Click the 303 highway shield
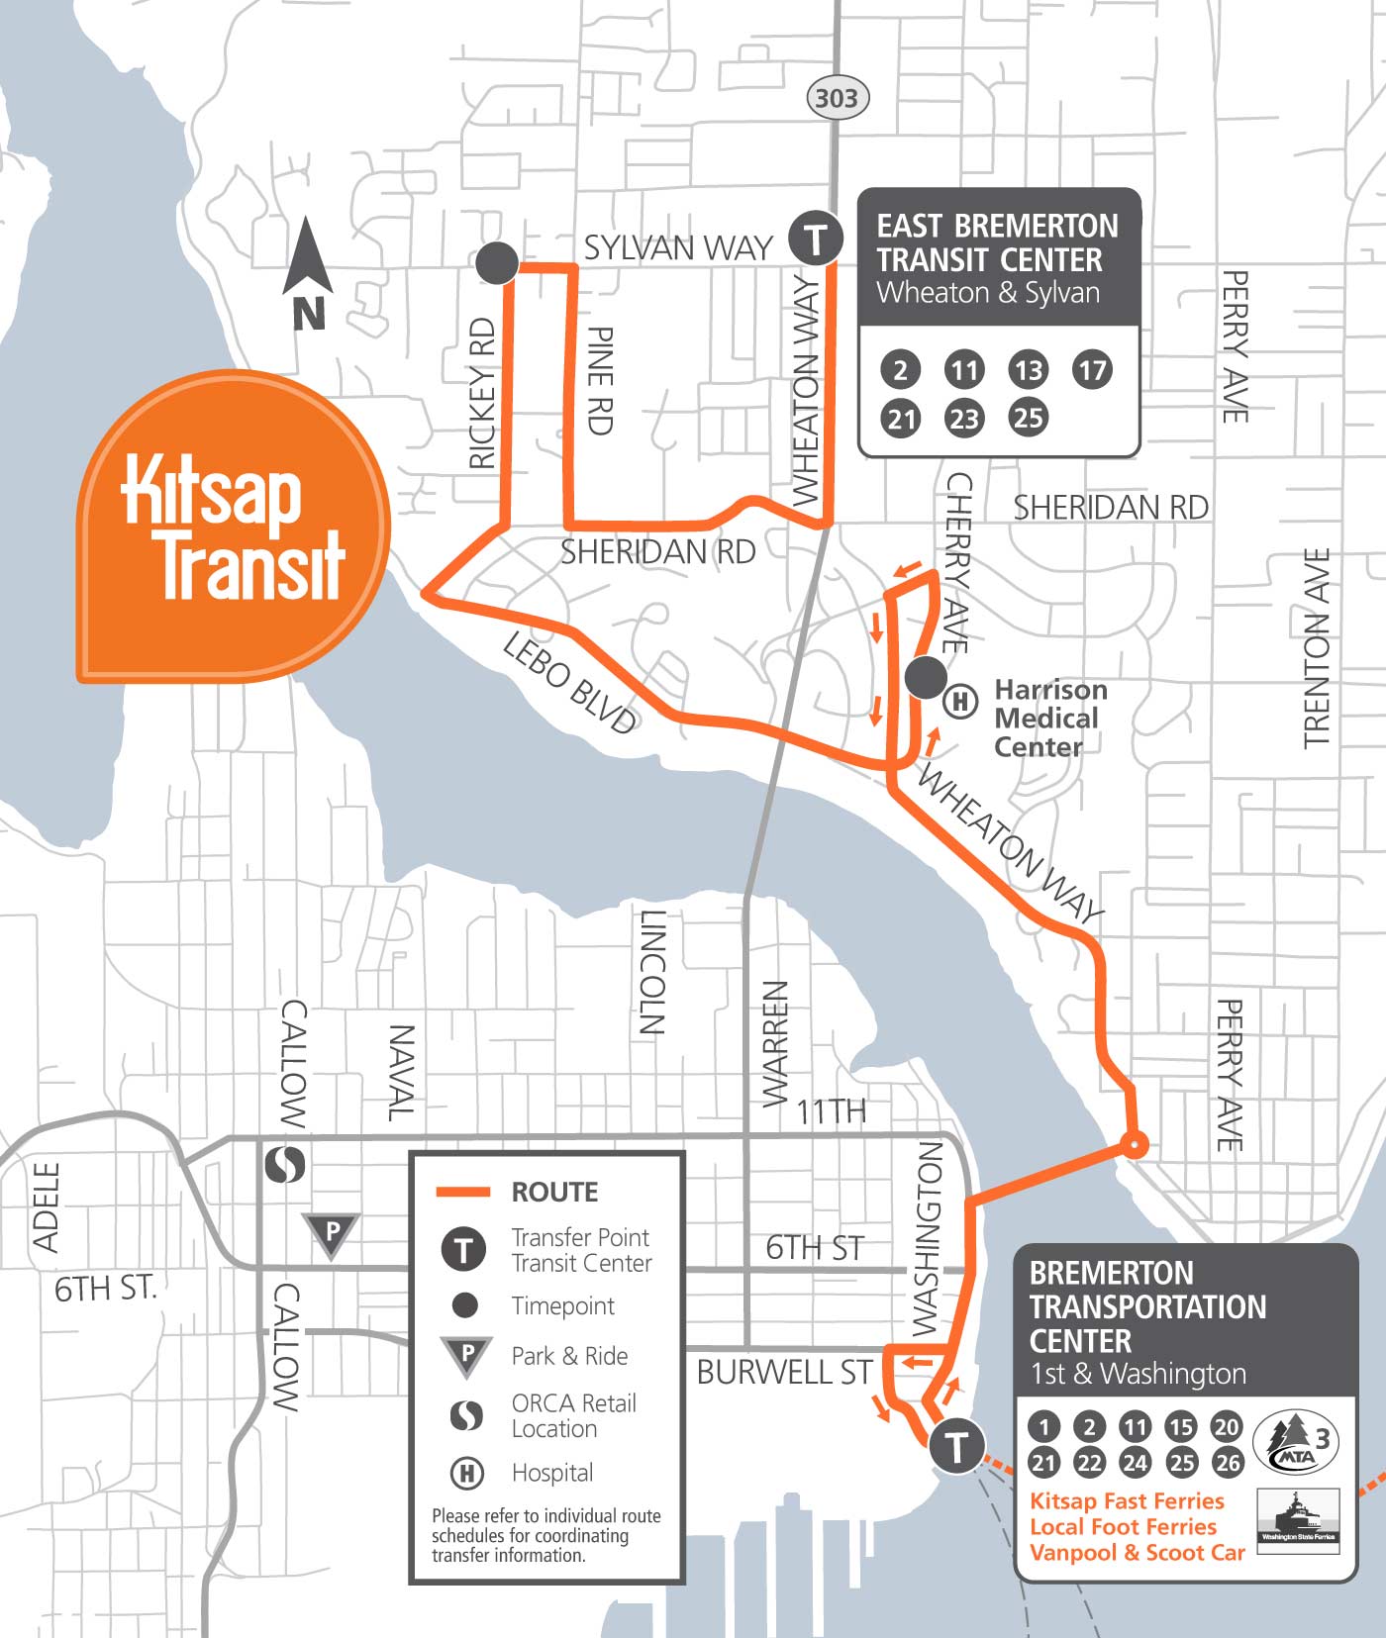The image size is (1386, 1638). (x=837, y=98)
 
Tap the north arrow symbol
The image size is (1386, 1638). (x=307, y=272)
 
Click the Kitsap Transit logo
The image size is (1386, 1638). (x=234, y=527)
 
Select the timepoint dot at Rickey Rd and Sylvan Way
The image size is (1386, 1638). (x=497, y=263)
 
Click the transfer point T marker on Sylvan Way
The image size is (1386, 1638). (x=815, y=239)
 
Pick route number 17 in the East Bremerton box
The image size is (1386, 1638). (x=1092, y=370)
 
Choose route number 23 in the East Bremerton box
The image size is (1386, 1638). (x=964, y=418)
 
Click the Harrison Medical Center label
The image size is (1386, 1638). (x=1049, y=719)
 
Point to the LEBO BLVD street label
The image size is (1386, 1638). (x=569, y=683)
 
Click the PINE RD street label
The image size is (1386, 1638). (x=601, y=380)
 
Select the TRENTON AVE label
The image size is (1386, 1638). (x=1317, y=648)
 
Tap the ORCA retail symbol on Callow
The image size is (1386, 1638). (x=285, y=1164)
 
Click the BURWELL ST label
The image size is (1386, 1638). (x=784, y=1373)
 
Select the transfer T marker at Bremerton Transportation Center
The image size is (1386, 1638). (x=956, y=1446)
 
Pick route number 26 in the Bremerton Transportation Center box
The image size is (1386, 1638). (x=1228, y=1462)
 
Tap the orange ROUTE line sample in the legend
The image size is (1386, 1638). (x=463, y=1192)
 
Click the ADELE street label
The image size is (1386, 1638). (x=47, y=1207)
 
